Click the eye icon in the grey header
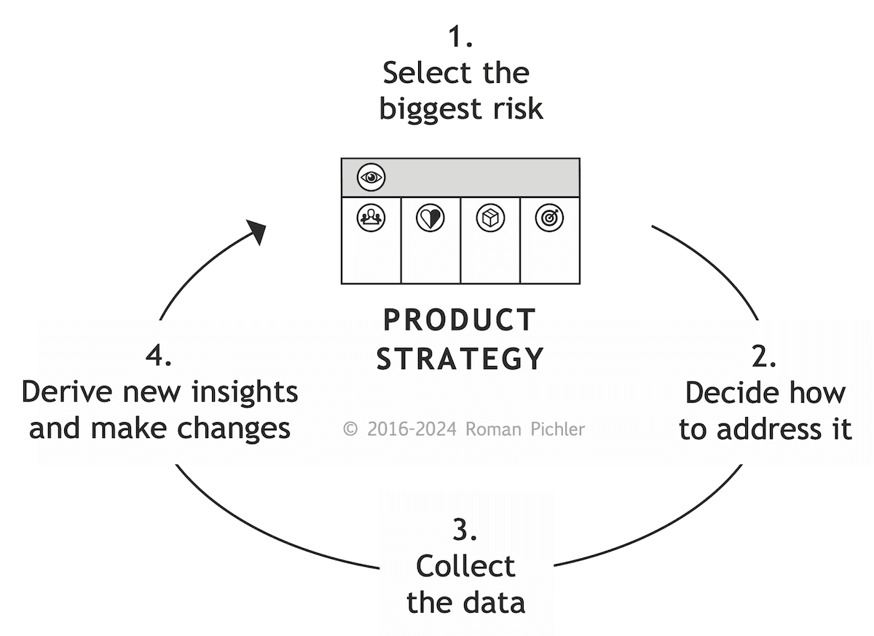371,177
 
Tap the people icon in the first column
371,218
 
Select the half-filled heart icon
430,218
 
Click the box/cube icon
490,218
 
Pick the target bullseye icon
549,218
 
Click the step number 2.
763,357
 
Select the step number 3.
465,530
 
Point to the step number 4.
159,357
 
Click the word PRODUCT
460,320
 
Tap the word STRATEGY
460,359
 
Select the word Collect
465,566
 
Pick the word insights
244,392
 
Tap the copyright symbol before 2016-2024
350,429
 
